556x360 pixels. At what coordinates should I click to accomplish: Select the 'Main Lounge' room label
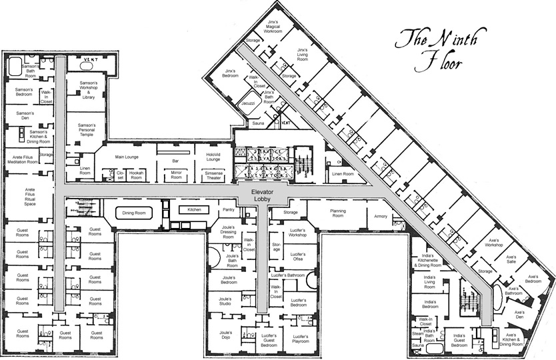click(126, 157)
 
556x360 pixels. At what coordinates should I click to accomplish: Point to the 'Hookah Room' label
click(137, 176)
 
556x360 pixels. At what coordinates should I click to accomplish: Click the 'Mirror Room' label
click(176, 175)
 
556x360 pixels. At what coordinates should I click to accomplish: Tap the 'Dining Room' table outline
click(134, 213)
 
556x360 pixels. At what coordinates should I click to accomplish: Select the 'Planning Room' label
click(338, 213)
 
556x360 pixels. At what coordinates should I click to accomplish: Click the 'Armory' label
click(381, 216)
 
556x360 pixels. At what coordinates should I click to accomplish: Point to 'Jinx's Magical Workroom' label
click(273, 26)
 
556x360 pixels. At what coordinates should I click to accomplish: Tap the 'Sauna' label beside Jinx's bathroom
click(259, 124)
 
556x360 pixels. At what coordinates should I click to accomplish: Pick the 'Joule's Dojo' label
click(225, 335)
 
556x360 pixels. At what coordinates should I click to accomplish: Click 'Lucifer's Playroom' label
click(300, 339)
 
